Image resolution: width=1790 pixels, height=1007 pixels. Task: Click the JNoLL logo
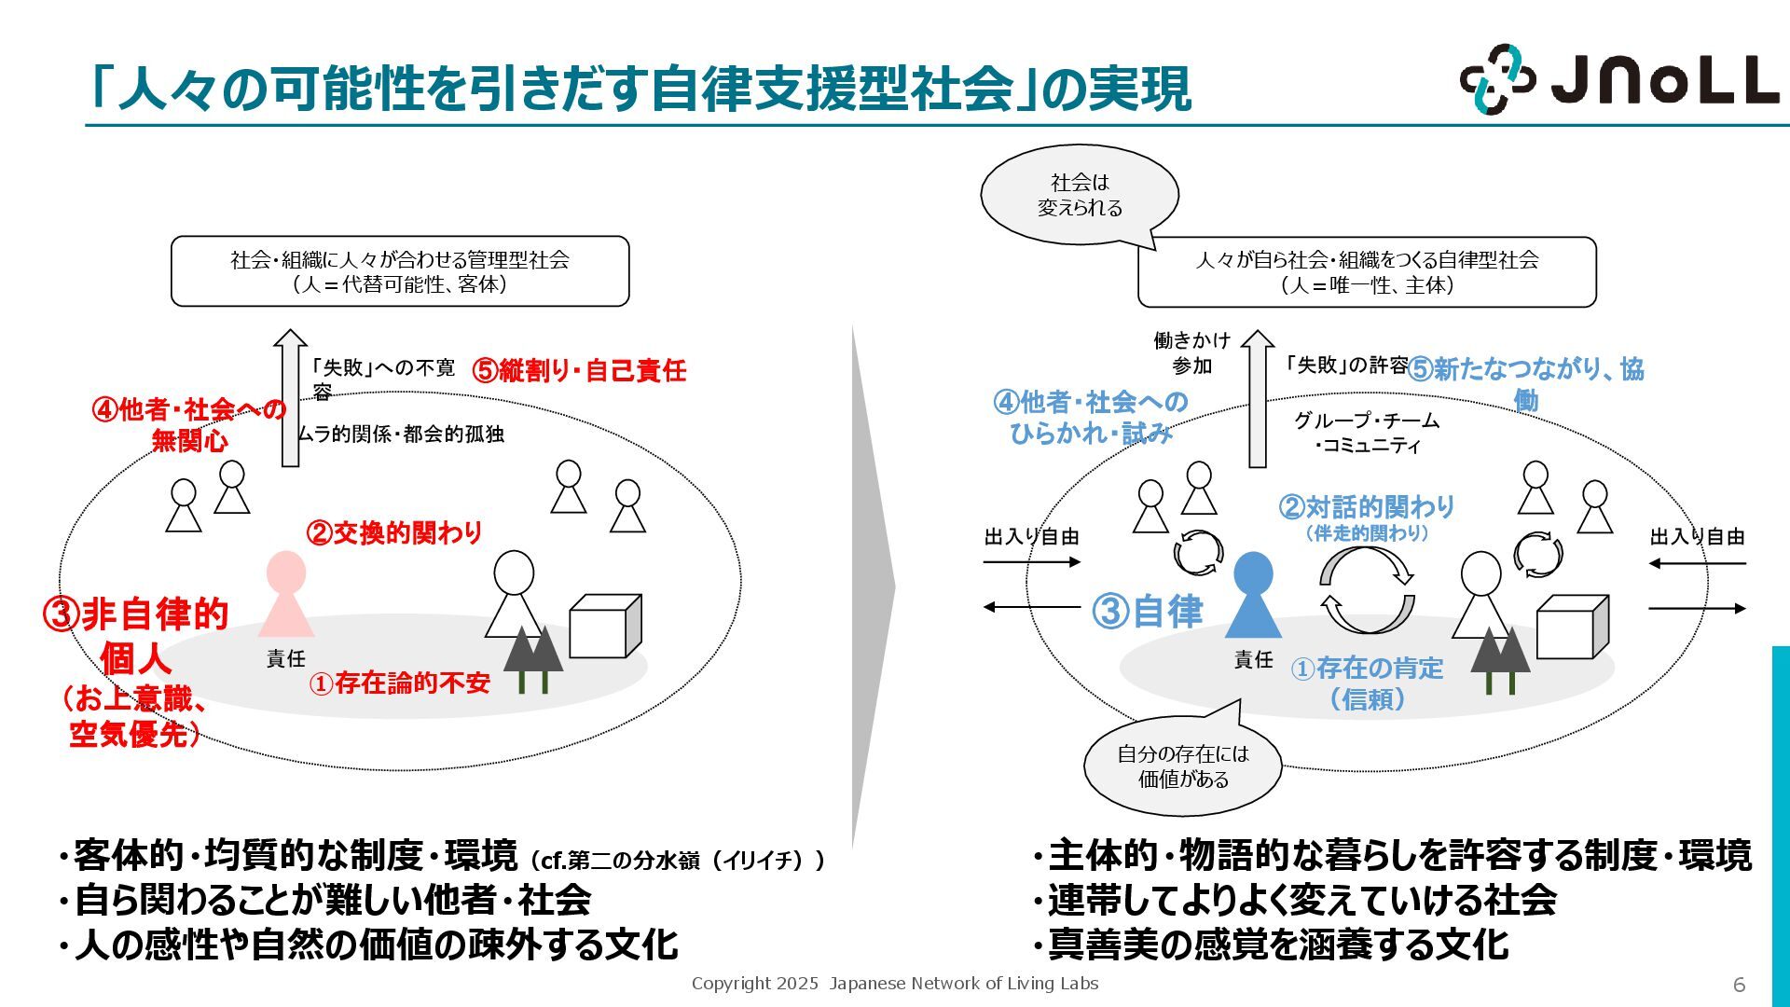(x=1619, y=78)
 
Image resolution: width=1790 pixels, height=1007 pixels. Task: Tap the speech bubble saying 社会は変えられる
(x=1080, y=195)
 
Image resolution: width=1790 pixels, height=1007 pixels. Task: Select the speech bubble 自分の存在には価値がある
(x=1183, y=766)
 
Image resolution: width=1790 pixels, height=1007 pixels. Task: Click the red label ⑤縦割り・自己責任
(x=579, y=370)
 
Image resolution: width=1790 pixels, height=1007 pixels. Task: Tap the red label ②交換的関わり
(x=394, y=532)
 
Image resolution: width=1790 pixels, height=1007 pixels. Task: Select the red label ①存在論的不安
(x=400, y=683)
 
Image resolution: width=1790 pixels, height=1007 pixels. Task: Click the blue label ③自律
(x=1148, y=612)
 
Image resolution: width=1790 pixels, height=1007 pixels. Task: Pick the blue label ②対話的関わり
(x=1367, y=507)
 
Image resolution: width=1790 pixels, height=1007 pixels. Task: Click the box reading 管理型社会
(x=400, y=271)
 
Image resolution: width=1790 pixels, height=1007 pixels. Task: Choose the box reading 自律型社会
(x=1367, y=272)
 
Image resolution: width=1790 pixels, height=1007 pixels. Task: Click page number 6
(x=1739, y=985)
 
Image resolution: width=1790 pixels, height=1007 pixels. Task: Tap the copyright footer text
(x=895, y=984)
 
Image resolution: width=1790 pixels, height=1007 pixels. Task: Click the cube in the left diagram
(x=605, y=626)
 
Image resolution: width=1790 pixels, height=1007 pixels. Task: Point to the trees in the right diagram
(x=1499, y=660)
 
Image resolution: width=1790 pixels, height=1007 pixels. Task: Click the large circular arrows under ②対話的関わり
(x=1367, y=591)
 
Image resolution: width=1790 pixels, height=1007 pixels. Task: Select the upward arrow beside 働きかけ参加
(x=1258, y=398)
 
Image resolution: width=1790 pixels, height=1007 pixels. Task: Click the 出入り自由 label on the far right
(x=1697, y=537)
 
